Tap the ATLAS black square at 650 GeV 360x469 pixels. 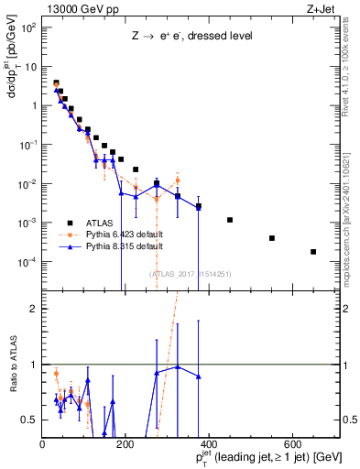pyautogui.click(x=313, y=252)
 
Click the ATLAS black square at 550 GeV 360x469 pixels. pyautogui.click(x=272, y=238)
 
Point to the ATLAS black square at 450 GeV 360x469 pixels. pyautogui.click(x=230, y=220)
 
